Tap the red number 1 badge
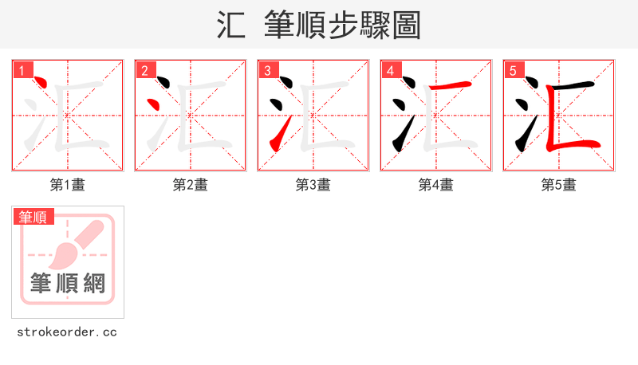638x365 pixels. coord(22,70)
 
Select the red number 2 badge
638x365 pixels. coord(144,70)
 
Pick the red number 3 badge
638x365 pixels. coord(267,70)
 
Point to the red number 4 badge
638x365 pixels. coord(390,70)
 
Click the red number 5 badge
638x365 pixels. coord(513,70)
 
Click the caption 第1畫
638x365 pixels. coord(68,185)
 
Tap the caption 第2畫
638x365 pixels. coord(191,185)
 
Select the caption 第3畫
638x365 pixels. coord(313,185)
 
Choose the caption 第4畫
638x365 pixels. coord(436,185)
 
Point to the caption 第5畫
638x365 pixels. coord(559,185)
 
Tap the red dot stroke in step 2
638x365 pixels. coord(159,104)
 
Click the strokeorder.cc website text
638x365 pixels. coord(67,332)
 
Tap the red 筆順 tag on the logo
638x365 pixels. coord(33,217)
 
